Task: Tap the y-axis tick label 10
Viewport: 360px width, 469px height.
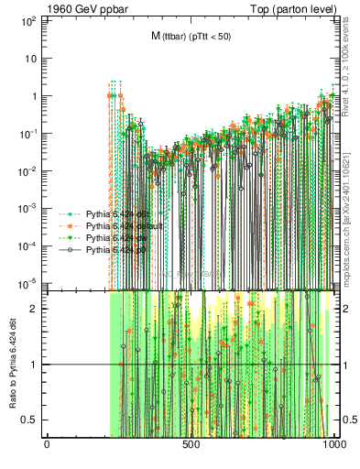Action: (30, 58)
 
